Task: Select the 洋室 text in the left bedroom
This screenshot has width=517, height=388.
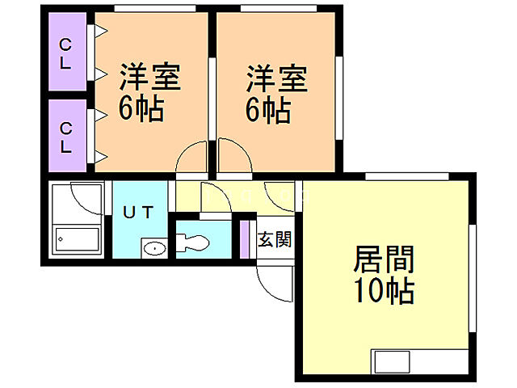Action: click(x=150, y=79)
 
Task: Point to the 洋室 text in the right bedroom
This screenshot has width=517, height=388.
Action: click(x=277, y=79)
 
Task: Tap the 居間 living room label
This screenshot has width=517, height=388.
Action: click(x=384, y=260)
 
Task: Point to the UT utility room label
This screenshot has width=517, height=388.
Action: click(x=138, y=213)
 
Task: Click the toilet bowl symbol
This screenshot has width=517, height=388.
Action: click(x=193, y=242)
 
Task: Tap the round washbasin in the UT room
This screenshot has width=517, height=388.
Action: click(x=153, y=248)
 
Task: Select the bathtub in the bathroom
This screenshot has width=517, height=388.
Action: click(x=78, y=239)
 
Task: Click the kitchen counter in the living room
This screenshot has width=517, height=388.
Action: click(x=420, y=361)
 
